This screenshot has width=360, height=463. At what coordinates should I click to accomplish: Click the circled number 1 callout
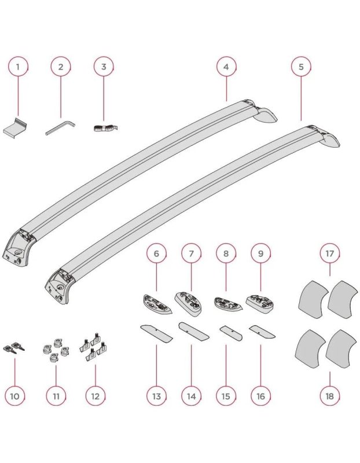coord(18,67)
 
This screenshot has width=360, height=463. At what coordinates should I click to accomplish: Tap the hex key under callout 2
coord(61,127)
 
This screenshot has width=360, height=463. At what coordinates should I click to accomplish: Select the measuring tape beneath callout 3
coord(105,128)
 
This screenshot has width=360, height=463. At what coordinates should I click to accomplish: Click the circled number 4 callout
coord(226,67)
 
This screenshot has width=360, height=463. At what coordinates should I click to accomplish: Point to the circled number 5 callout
coord(301,67)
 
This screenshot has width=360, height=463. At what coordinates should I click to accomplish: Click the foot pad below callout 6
coord(157,304)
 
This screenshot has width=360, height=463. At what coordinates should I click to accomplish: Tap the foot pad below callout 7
coord(189,304)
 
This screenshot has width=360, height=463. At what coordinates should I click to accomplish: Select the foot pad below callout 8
coord(227,304)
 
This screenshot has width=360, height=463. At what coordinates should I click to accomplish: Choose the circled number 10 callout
coord(15,396)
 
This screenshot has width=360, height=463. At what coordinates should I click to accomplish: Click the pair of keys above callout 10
coord(13,347)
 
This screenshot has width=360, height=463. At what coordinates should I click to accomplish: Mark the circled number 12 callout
coord(95,396)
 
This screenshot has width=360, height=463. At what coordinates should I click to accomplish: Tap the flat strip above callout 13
coord(156,333)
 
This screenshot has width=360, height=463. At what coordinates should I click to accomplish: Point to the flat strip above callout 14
coord(194,331)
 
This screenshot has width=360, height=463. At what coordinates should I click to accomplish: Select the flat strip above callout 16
coord(262,332)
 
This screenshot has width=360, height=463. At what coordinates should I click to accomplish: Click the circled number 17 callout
coord(329,253)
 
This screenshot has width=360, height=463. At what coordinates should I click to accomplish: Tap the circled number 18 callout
coord(329,396)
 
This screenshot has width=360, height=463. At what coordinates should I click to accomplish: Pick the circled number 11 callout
coord(56,396)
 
